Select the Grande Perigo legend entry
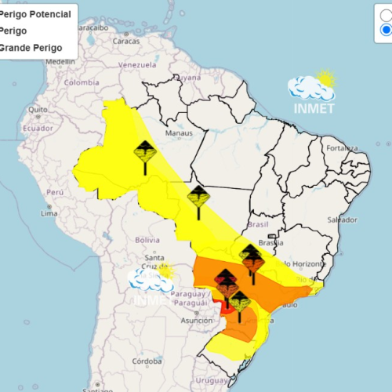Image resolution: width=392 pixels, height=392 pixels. [31, 48]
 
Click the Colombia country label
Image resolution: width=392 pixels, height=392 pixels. [82, 82]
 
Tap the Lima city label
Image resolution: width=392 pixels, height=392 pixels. [49, 213]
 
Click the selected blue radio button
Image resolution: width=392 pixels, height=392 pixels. [387, 30]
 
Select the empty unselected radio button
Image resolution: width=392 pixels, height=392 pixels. [387, 14]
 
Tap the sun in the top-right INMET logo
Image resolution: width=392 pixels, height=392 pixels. [325, 78]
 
